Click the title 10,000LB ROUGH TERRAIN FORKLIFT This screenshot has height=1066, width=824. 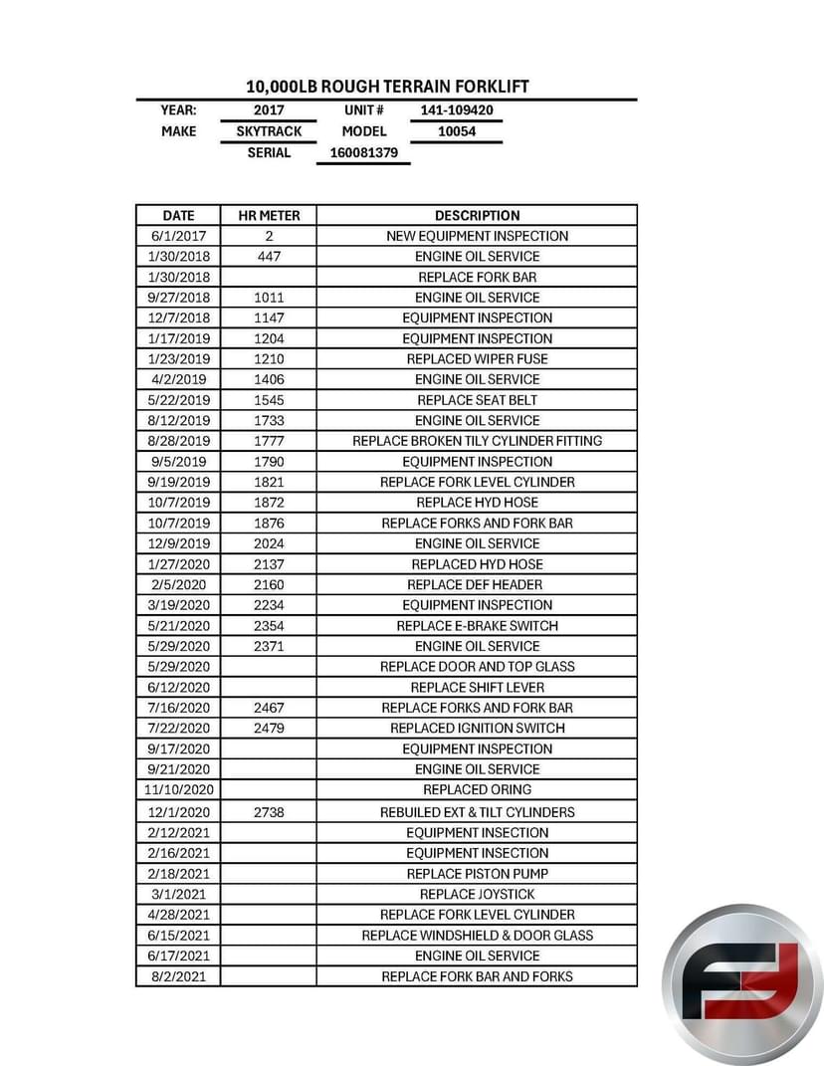(387, 87)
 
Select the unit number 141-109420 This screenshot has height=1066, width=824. (457, 110)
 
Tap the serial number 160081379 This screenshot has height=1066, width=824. (363, 153)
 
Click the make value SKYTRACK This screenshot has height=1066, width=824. (269, 131)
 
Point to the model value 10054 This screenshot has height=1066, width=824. (457, 131)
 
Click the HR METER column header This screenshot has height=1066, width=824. (269, 215)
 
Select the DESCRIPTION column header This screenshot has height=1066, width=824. (477, 215)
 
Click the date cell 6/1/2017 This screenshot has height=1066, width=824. (178, 236)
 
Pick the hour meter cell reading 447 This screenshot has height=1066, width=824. (269, 257)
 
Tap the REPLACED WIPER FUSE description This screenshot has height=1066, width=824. (477, 359)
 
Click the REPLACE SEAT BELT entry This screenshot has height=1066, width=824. (477, 400)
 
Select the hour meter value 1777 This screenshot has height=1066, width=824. (269, 441)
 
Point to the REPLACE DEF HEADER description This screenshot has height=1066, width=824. (477, 584)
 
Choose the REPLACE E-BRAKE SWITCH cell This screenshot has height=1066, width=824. (477, 626)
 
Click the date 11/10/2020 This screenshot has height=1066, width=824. (178, 789)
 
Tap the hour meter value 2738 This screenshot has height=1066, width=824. (269, 812)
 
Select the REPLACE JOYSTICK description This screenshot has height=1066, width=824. (477, 894)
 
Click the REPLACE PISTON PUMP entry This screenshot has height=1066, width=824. (477, 874)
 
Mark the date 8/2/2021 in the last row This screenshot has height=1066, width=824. (178, 976)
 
